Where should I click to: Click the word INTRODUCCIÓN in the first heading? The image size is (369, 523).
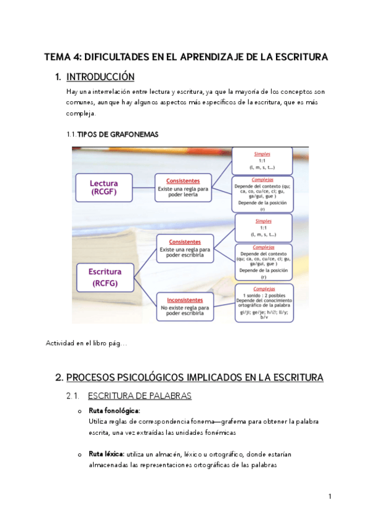(x=100, y=77)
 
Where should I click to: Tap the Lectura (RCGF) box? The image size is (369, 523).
(x=103, y=187)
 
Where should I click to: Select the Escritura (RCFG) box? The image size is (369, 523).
(x=105, y=277)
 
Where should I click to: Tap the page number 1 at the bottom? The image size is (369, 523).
(x=330, y=496)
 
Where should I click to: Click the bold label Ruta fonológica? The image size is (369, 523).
(x=115, y=410)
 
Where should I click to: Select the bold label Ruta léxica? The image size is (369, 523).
(x=107, y=455)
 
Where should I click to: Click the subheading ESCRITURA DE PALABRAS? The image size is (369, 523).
(x=140, y=395)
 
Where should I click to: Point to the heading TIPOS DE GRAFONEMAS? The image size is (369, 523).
(x=117, y=134)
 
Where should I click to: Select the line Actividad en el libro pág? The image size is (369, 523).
(x=86, y=344)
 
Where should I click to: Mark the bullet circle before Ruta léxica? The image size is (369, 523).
(x=79, y=455)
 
